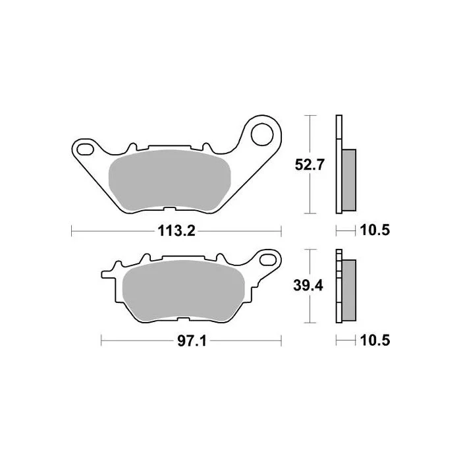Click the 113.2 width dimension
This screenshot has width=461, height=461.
(x=176, y=230)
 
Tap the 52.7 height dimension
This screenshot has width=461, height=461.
(x=310, y=165)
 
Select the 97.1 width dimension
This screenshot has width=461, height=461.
(x=192, y=341)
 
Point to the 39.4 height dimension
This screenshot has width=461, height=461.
(x=308, y=285)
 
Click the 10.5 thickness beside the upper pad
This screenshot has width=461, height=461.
(x=375, y=230)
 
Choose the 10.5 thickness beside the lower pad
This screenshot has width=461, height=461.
(x=375, y=340)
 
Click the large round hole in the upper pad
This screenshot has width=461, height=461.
(x=262, y=134)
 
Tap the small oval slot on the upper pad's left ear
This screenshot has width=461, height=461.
(x=85, y=149)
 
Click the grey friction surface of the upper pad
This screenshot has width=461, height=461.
(x=170, y=180)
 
